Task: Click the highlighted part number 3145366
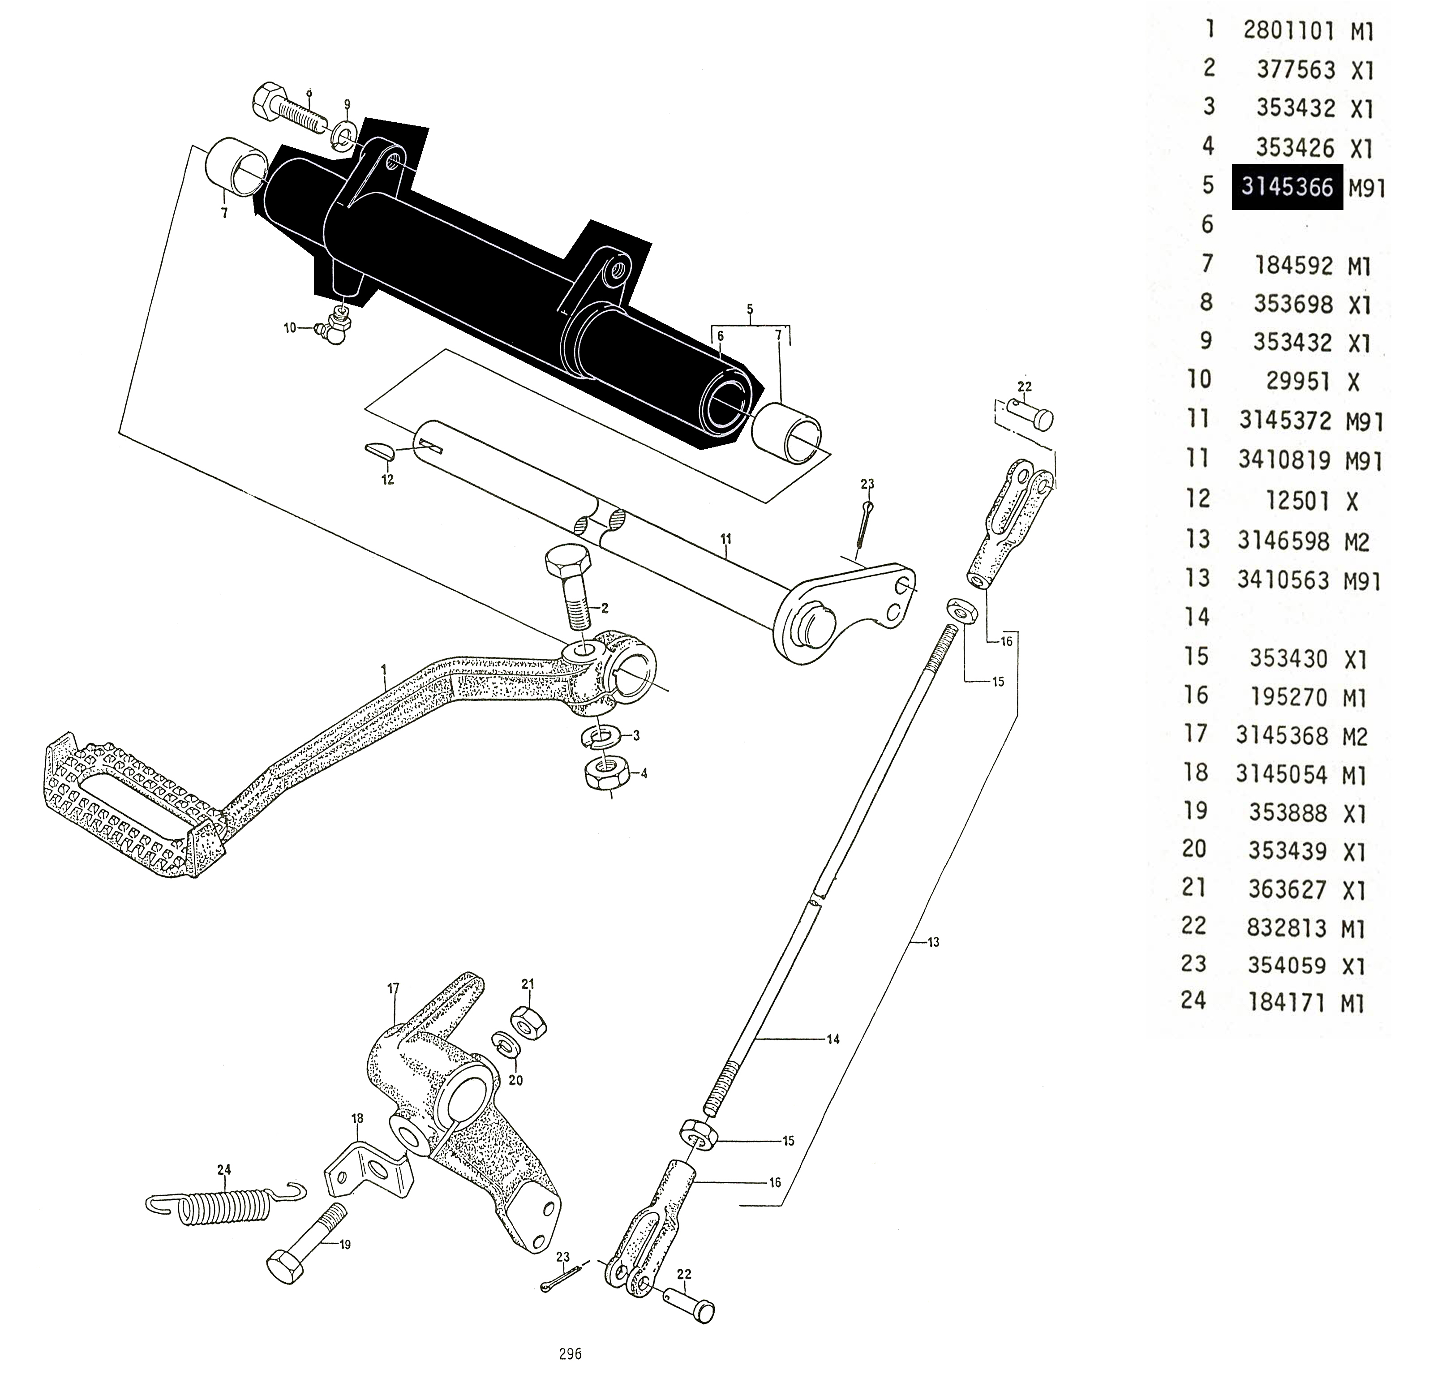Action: tap(1287, 188)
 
